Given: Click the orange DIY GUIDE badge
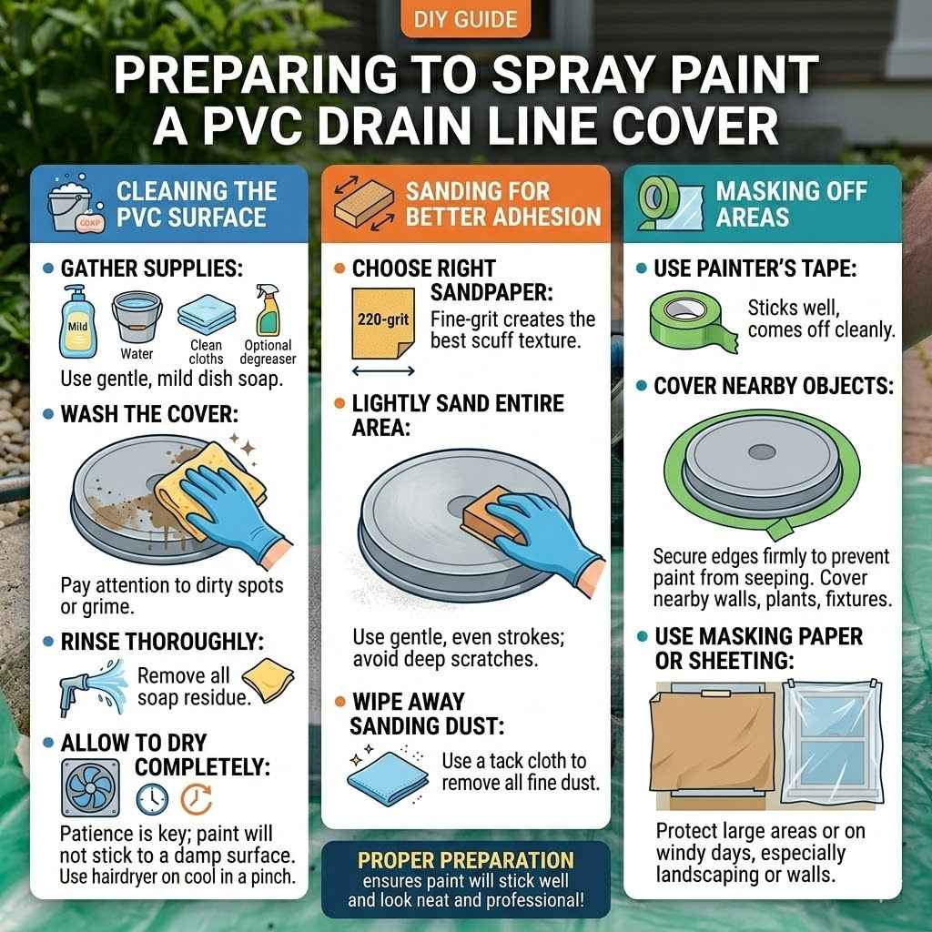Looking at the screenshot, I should click(465, 19).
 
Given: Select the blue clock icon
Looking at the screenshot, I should click(152, 798).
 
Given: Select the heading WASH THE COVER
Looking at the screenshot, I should click(149, 414).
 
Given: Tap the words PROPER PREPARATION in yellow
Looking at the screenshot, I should click(465, 860).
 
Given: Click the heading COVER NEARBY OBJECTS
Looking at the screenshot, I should click(773, 386).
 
